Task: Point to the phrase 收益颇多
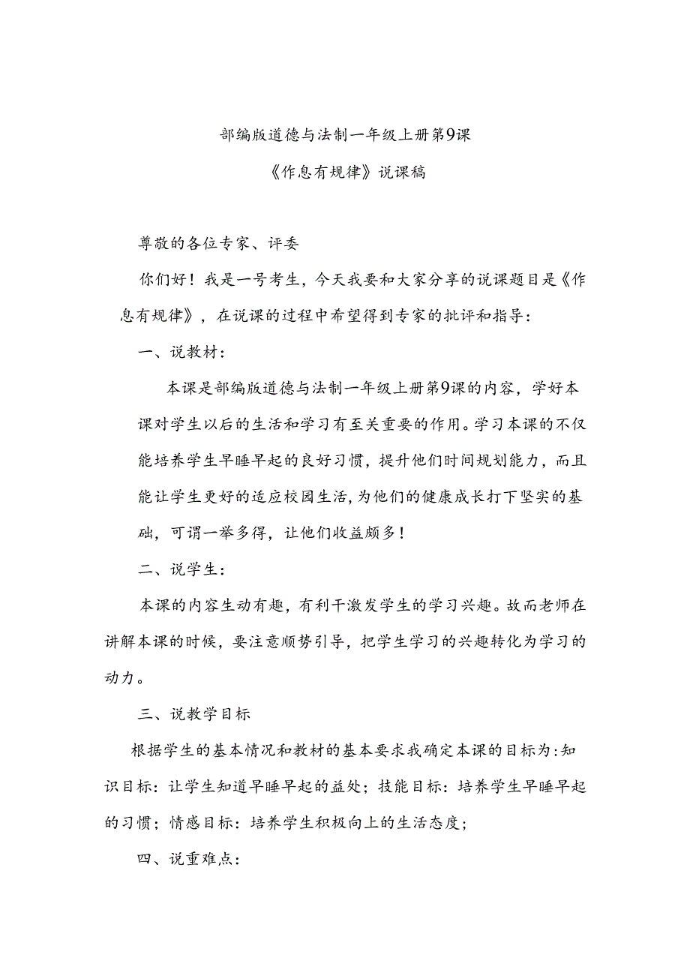359,533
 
